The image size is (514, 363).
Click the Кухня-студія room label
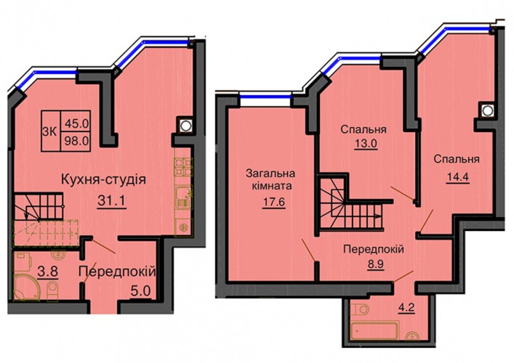coord(103,180)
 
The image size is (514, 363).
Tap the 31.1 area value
coord(111,201)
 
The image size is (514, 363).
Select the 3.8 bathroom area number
coord(47,271)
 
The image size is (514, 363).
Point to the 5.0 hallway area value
coord(140,290)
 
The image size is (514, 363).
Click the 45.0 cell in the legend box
coord(76,123)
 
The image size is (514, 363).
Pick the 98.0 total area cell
coord(76,141)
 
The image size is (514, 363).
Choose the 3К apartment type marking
coord(50,132)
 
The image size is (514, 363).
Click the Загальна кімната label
coord(270,180)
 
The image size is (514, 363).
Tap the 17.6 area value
coord(274,202)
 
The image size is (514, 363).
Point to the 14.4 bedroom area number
coord(458,176)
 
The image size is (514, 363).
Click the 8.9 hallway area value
coord(375,264)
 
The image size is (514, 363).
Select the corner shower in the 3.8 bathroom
coord(27,288)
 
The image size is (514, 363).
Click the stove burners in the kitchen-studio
coord(183,167)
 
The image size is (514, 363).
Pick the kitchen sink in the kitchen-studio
coord(183,197)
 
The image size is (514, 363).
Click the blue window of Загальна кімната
coord(265,97)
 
